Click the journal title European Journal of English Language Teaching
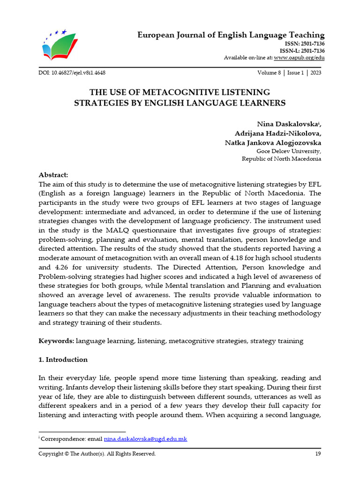pyautogui.click(x=231, y=35)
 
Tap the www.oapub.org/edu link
pyautogui.click(x=299, y=58)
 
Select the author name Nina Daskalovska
pyautogui.click(x=288, y=124)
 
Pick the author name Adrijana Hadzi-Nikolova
pyautogui.click(x=278, y=133)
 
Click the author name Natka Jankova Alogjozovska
pyautogui.click(x=273, y=142)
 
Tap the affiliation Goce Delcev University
pyautogui.click(x=289, y=151)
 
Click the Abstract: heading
pyautogui.click(x=53, y=174)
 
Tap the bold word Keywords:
pyautogui.click(x=56, y=341)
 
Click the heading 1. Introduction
pyautogui.click(x=63, y=360)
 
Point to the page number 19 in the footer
pyautogui.click(x=318, y=454)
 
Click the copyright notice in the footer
pyautogui.click(x=97, y=454)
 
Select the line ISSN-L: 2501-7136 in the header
pyautogui.click(x=302, y=51)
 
